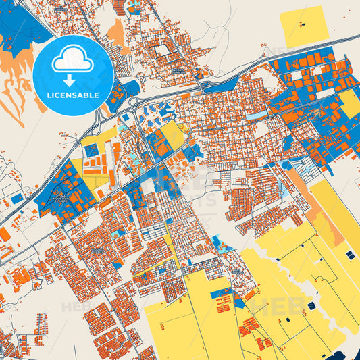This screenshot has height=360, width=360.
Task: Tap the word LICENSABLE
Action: click(x=73, y=95)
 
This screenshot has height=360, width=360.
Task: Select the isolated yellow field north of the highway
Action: click(x=305, y=26)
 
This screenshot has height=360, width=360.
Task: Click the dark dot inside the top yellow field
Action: click(x=302, y=26)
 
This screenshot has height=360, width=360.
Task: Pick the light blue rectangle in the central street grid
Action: click(x=256, y=116)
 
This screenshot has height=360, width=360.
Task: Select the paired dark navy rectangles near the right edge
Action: click(x=350, y=255)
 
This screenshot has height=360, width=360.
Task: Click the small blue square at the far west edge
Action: click(x=17, y=199)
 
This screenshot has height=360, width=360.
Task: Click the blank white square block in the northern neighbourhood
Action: click(x=163, y=51)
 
